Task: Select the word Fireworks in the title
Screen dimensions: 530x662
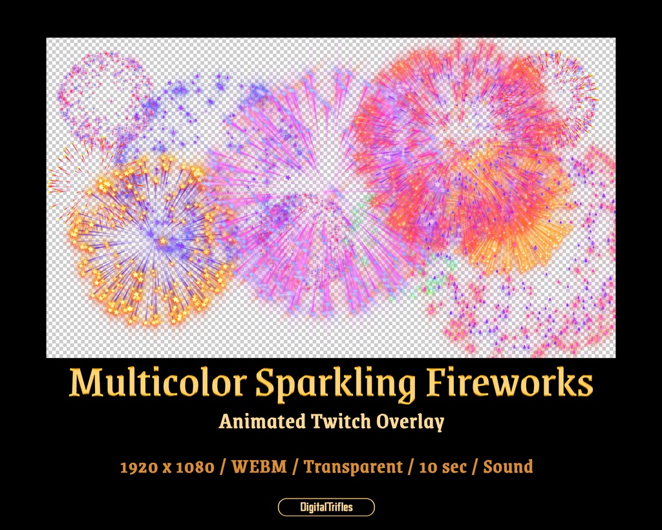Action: click(509, 383)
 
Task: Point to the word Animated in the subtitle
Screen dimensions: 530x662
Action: click(262, 421)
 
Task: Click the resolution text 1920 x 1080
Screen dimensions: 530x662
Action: click(167, 467)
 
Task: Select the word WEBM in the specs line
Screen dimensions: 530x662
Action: click(259, 467)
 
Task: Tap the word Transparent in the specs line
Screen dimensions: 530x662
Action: click(353, 467)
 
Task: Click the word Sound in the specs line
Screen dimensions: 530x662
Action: click(508, 467)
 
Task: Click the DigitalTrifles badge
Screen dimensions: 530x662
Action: click(326, 507)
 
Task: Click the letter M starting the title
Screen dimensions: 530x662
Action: click(85, 383)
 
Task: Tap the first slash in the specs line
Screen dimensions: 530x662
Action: click(224, 467)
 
